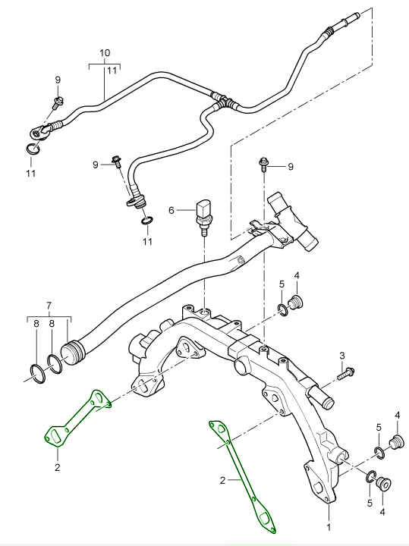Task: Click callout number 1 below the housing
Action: click(x=329, y=525)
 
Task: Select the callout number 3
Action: click(x=342, y=355)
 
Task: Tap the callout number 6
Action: click(x=171, y=209)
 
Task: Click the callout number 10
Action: click(x=105, y=53)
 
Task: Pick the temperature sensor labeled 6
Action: click(x=204, y=212)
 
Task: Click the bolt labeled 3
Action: click(x=348, y=372)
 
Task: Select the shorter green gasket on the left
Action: click(x=76, y=420)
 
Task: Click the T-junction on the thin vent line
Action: click(x=221, y=100)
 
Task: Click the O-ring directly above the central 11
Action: click(x=146, y=221)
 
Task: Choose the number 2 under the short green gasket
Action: click(x=56, y=467)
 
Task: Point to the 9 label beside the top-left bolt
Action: click(x=57, y=80)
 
